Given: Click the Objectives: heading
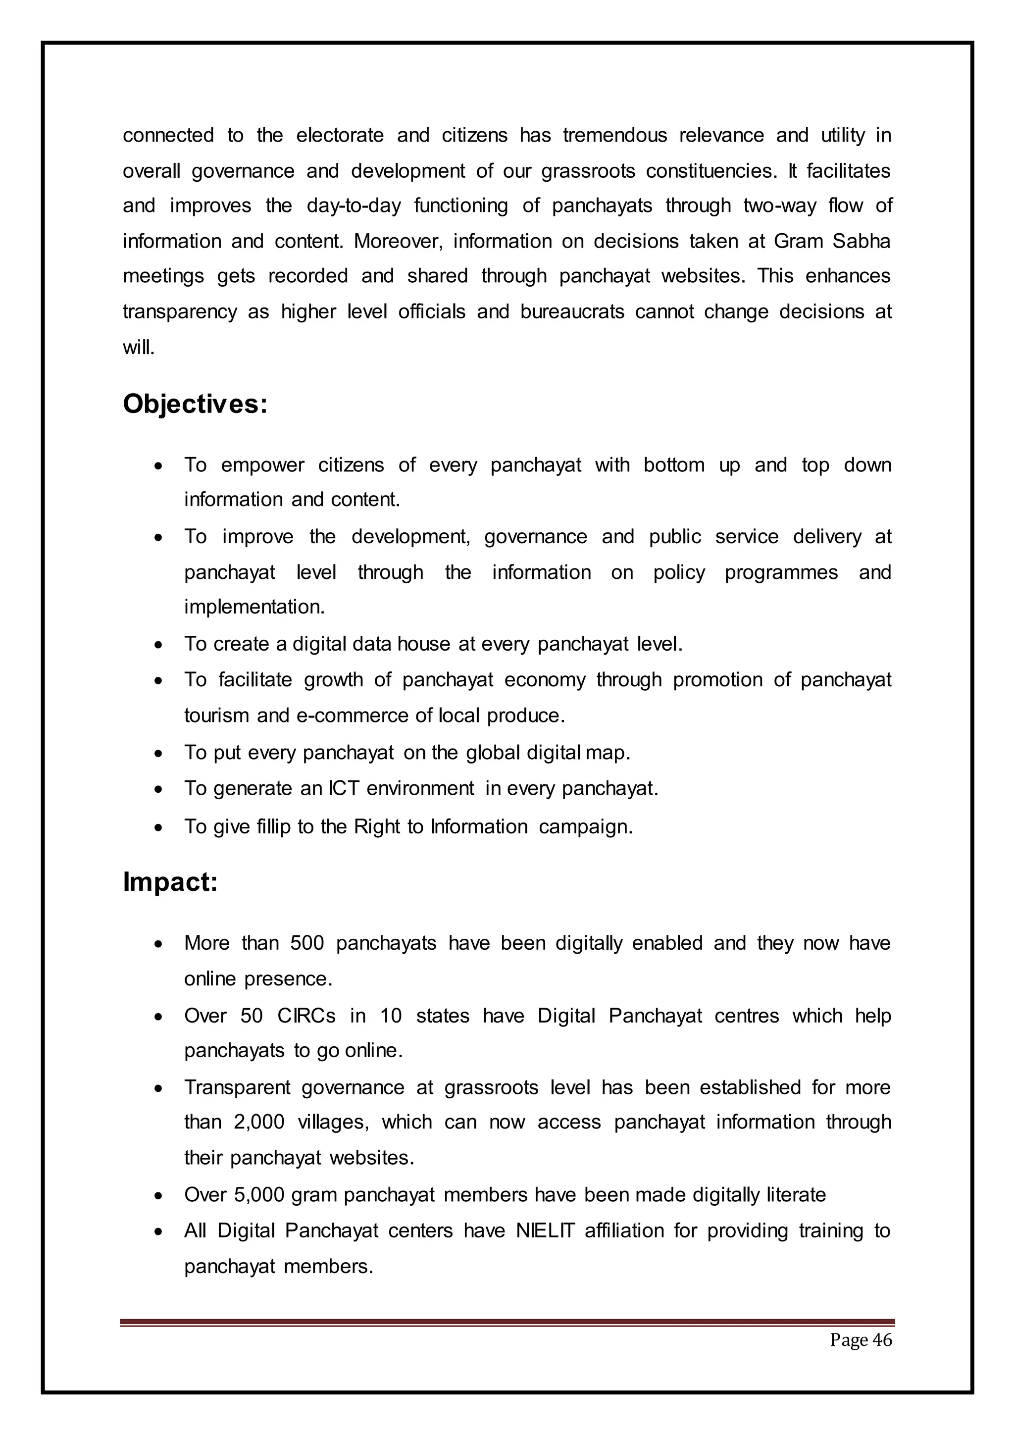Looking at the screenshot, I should coord(195,405).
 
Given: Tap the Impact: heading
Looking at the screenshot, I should coord(170,882).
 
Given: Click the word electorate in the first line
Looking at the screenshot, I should coord(340,136).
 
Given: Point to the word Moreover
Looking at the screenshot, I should coord(399,241).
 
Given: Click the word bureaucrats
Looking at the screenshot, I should coord(572,311).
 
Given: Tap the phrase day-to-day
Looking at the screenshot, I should coord(354,206).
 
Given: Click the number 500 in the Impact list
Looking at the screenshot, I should coord(307,943).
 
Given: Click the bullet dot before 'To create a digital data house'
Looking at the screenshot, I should coord(160,645).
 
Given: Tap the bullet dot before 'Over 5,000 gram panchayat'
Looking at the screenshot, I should coord(160,1196).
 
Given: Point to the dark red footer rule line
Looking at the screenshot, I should coord(507,1322).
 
